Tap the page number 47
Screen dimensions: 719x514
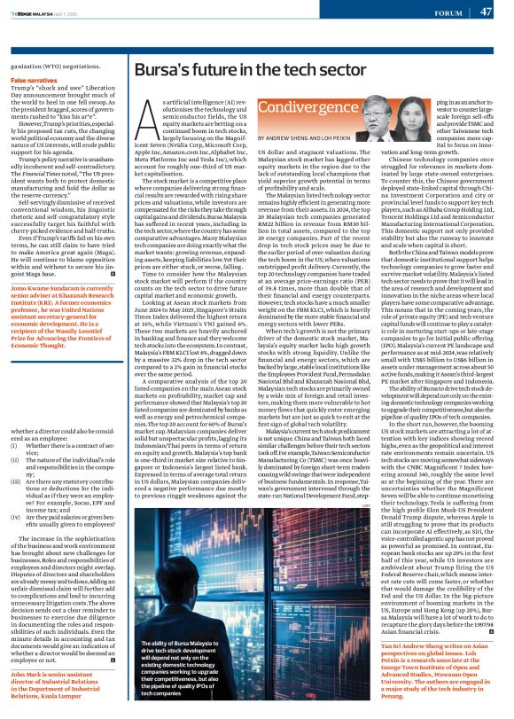pos(487,12)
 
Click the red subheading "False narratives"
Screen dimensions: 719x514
pos(35,80)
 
